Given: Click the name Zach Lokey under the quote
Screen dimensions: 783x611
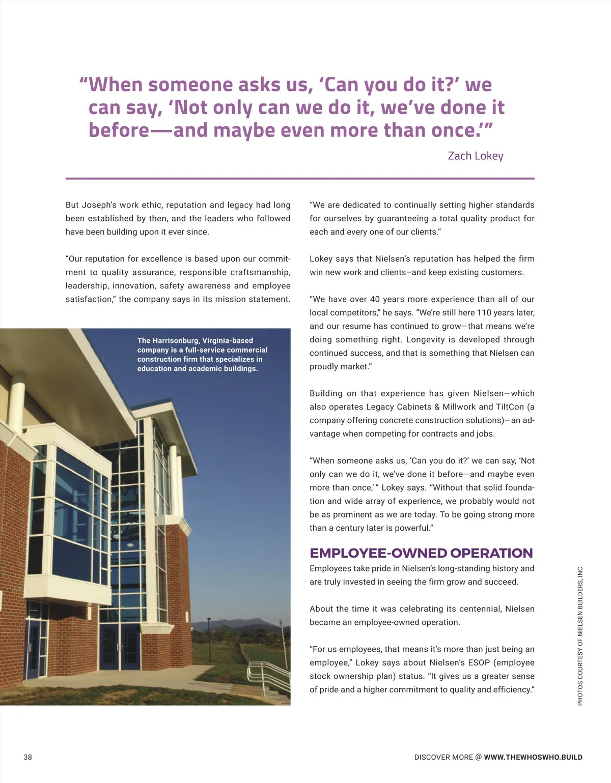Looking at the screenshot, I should [475, 156].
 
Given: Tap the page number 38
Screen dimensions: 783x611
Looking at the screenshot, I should [27, 757].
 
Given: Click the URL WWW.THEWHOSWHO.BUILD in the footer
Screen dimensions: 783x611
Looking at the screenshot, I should [533, 757].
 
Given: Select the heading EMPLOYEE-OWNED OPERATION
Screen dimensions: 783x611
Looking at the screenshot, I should [421, 553].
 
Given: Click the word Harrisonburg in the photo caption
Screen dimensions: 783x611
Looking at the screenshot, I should [176, 340].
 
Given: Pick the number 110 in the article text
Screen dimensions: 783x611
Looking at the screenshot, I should [485, 312].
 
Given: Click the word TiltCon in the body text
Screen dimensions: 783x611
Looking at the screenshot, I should [510, 407].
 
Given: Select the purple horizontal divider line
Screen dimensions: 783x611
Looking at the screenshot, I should [300, 179].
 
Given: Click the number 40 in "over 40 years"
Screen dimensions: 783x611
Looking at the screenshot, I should [375, 299].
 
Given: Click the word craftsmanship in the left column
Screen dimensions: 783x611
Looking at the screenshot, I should [261, 272].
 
